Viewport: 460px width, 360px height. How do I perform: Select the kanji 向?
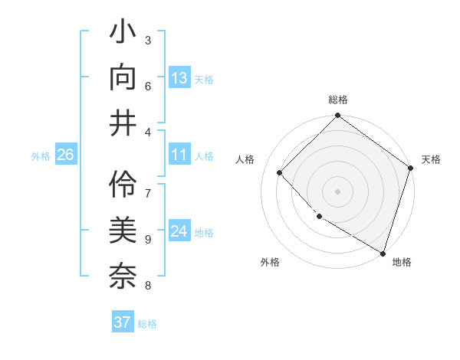pos(123,77)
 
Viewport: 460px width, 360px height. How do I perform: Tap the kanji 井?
pos(123,122)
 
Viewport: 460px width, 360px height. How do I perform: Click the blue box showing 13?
pos(179,77)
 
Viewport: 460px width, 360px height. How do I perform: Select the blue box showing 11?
pos(179,155)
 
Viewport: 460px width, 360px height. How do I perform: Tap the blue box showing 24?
pos(179,231)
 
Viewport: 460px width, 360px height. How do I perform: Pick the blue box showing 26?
pos(65,155)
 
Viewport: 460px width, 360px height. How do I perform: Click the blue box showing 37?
pos(122,322)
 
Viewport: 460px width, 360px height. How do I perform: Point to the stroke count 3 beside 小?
pos(148,40)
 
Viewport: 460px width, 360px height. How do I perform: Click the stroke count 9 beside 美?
pos(148,239)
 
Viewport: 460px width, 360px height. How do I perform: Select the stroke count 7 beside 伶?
pos(148,186)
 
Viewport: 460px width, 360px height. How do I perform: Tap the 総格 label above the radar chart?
pos(337,100)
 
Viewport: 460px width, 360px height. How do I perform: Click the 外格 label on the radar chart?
pos(270,262)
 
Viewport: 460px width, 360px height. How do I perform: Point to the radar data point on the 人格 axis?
pos(280,173)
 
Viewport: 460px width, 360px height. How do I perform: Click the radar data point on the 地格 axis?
pos(383,252)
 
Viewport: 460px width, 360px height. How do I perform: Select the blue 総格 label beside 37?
pos(147,324)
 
